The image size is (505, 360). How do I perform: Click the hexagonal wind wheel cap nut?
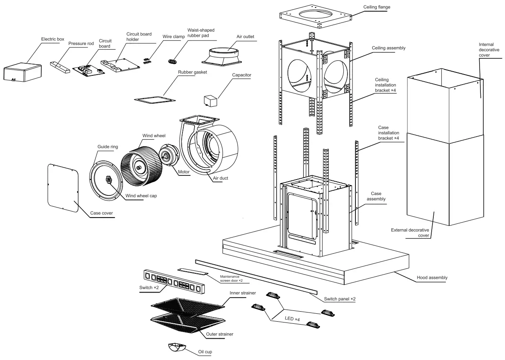coord(108,180)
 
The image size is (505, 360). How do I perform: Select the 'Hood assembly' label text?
coord(432,277)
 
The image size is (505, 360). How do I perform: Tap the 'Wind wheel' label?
coord(154,136)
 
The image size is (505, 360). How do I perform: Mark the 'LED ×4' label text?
coord(292,319)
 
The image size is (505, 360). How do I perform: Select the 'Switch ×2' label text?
coord(149,287)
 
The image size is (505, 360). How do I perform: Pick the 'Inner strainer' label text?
coord(242,293)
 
